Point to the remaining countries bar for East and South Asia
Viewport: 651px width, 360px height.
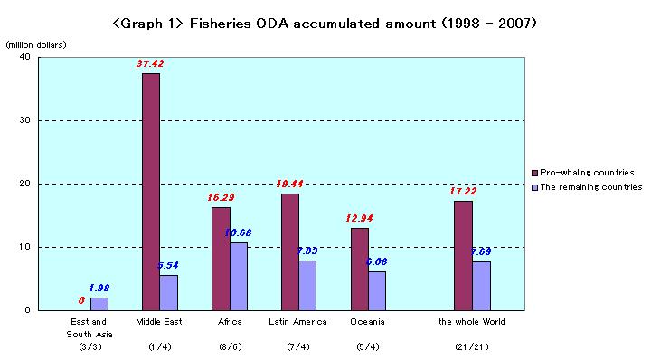(x=99, y=304)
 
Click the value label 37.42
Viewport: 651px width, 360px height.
(x=150, y=64)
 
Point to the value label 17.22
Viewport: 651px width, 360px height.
(x=463, y=191)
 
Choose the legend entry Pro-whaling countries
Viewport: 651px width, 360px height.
(x=588, y=172)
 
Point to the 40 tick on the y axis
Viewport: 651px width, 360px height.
(x=24, y=57)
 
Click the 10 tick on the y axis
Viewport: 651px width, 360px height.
(x=24, y=247)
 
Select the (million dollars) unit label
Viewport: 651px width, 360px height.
(x=35, y=44)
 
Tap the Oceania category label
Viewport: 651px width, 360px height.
(x=368, y=322)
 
